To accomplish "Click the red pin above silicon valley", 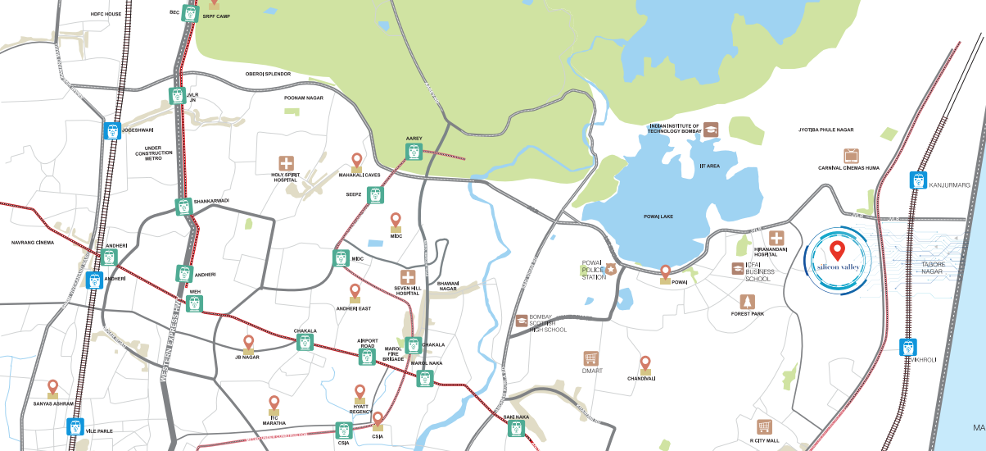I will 837,250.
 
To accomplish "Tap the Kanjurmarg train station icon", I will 918,180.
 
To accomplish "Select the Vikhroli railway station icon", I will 907,347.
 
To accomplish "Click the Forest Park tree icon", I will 746,302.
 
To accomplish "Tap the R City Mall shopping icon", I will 764,427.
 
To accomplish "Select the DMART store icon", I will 590,358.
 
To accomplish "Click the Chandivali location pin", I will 645,363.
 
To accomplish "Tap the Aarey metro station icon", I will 414,152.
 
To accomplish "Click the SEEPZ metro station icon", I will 375,195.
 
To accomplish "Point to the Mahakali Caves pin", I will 356,161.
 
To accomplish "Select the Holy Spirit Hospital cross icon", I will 286,163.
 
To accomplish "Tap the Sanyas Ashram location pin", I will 53,387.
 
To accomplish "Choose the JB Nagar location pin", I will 249,342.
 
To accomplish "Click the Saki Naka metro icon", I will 516,427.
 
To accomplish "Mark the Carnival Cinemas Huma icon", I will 852,156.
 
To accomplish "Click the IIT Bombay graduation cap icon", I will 711,129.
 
